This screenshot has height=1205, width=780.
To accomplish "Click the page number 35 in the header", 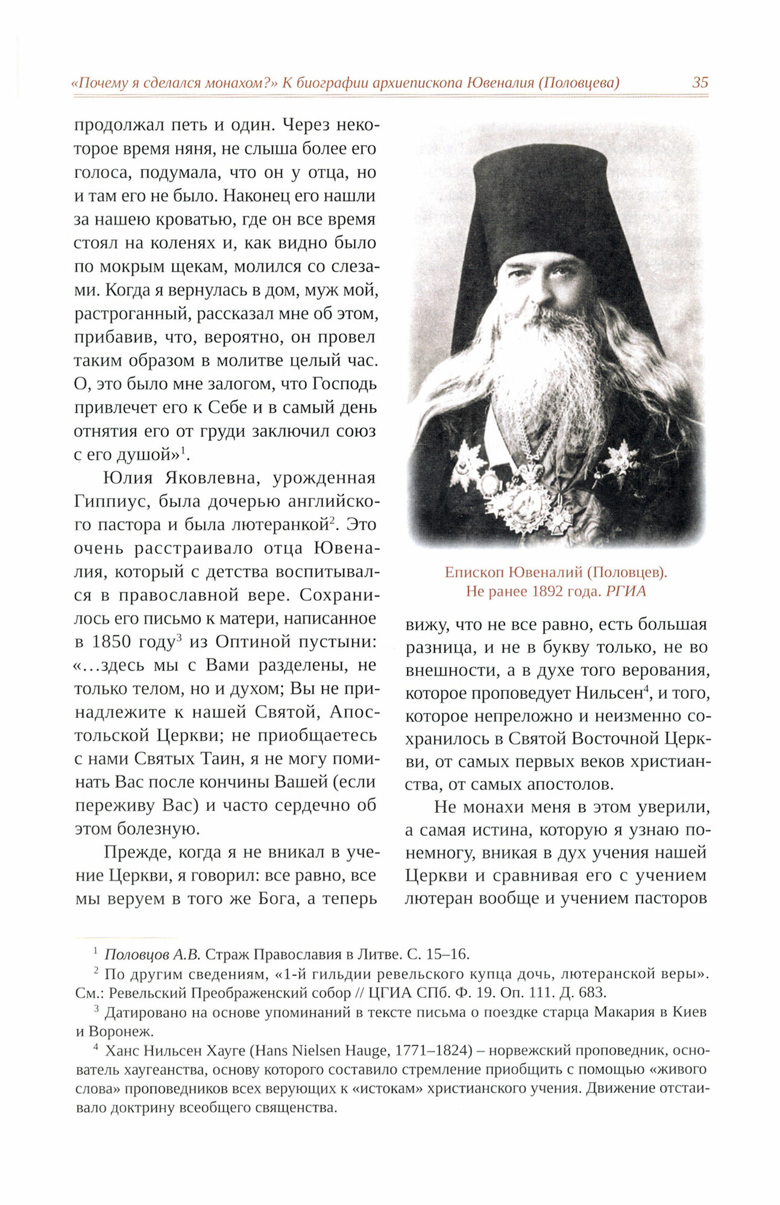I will coord(700,83).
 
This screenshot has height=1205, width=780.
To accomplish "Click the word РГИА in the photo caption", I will coord(626,591).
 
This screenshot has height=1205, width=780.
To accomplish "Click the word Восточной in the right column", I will coord(617,739).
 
